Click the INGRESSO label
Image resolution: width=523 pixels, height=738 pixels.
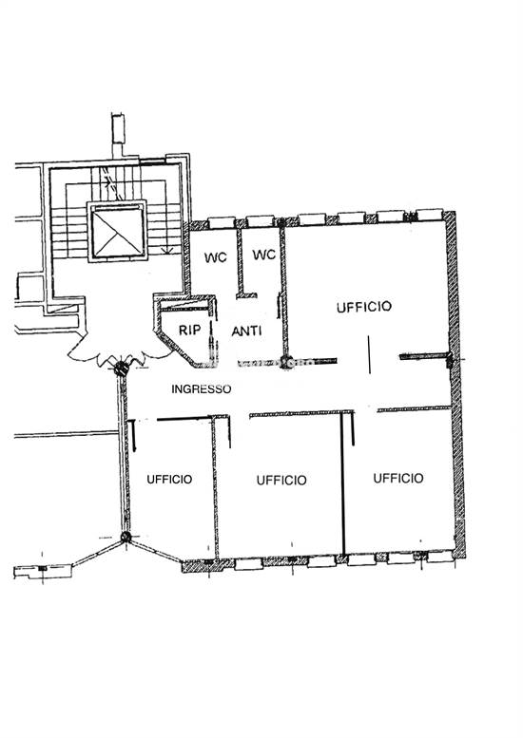pos(201,388)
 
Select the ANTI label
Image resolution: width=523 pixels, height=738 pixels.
pos(247,331)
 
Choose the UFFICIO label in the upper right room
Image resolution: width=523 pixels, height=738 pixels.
pos(363,307)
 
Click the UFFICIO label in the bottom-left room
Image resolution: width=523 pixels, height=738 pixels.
pos(169,480)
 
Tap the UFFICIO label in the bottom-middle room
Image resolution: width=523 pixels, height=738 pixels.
pos(281,481)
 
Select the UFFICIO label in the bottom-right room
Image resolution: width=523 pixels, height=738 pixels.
pos(398,479)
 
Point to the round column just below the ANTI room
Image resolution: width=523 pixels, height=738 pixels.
pos(286,361)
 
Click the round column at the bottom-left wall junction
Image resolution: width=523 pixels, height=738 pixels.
pos(126,539)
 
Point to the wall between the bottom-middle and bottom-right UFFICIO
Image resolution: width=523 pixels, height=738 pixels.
pos(343,484)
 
